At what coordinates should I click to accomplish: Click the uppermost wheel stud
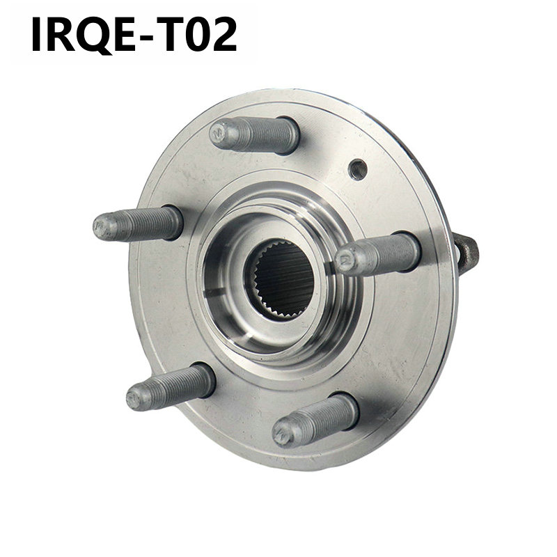255,134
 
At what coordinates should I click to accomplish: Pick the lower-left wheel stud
171,386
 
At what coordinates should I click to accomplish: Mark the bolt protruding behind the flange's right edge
466,253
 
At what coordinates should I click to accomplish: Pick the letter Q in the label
93,35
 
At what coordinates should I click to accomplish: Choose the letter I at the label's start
37,35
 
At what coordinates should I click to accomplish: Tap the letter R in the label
60,35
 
